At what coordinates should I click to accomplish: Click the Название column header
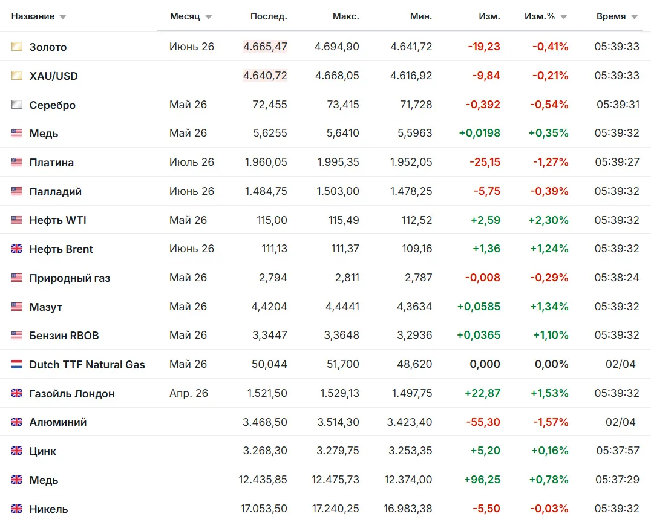33,16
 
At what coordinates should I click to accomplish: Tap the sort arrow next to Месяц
208,17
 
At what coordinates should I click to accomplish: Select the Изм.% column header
539,16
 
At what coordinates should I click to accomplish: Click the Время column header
610,16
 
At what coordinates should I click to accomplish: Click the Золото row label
48,47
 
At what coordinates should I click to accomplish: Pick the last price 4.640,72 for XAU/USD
265,76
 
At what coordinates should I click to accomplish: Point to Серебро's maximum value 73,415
343,105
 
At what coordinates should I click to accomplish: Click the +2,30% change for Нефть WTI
548,220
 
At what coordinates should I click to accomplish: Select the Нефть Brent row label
61,249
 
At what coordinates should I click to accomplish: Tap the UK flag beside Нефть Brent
16,249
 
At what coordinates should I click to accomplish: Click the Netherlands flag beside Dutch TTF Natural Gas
16,364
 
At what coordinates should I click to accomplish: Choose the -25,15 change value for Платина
485,162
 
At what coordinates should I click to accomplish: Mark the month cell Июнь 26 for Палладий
192,191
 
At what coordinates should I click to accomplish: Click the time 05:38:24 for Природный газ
617,277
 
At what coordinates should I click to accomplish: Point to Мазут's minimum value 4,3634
414,306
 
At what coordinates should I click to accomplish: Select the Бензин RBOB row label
64,335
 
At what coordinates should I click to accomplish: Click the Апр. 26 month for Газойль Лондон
189,393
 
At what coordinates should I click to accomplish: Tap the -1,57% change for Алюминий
551,422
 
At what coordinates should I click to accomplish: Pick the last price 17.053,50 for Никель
264,509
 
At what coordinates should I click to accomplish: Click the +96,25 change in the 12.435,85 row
482,480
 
